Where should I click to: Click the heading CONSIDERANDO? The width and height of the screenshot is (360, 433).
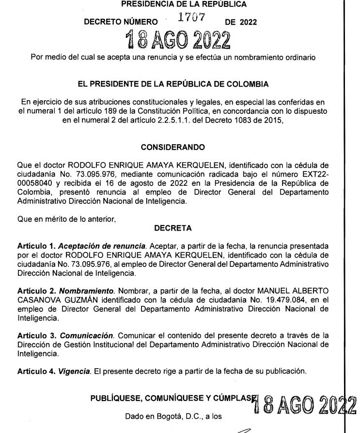(x=172, y=147)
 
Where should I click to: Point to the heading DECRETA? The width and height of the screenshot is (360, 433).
(x=172, y=227)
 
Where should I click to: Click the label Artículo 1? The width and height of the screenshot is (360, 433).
(x=36, y=246)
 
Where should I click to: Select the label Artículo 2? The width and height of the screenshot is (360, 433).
(x=36, y=289)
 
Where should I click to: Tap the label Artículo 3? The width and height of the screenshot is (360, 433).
(x=36, y=335)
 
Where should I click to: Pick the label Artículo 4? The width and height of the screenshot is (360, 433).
(x=36, y=372)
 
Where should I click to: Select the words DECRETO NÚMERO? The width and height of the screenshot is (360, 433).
(x=121, y=22)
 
